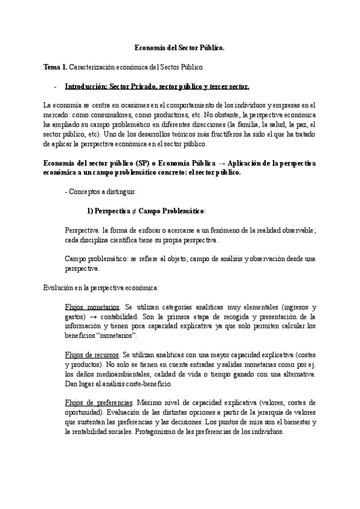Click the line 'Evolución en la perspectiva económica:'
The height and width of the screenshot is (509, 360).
point(100,288)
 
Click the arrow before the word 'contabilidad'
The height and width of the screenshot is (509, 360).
point(95,316)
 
